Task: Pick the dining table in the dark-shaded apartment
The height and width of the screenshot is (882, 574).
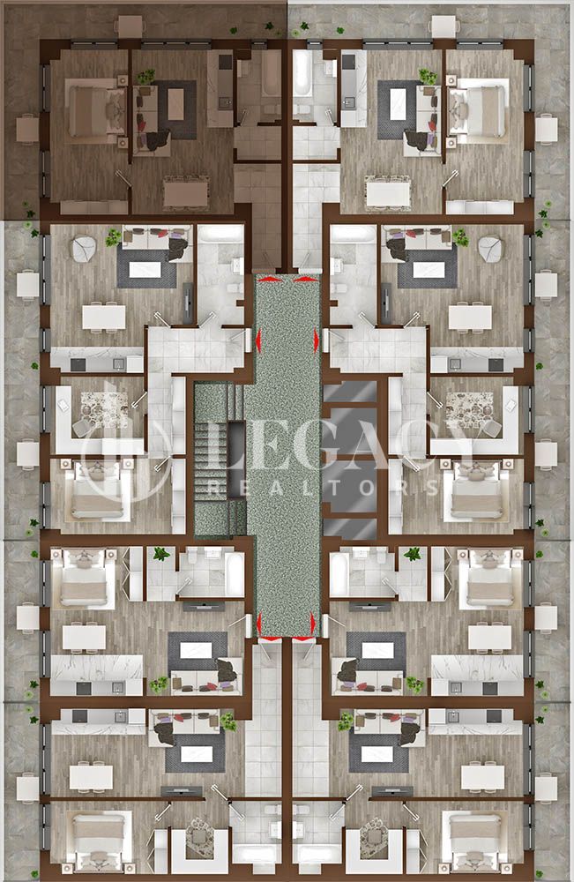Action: click(x=185, y=191)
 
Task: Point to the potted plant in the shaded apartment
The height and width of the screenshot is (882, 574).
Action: click(x=145, y=77)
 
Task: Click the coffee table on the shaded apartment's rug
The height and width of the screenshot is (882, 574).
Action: click(x=175, y=104)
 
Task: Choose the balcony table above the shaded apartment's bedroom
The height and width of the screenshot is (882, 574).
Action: click(x=129, y=26)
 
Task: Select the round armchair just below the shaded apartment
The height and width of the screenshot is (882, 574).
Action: click(x=84, y=250)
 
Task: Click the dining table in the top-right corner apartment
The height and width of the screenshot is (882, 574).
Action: click(x=388, y=191)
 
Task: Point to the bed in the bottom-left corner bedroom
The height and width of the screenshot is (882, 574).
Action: click(x=93, y=841)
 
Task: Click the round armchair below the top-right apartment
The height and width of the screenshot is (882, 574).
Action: click(x=490, y=250)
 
